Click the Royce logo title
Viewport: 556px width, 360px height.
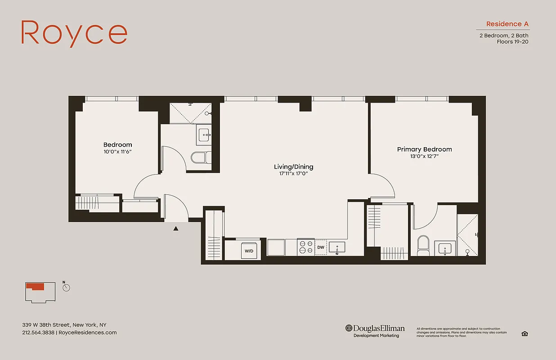coord(74,32)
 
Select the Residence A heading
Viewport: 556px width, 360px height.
coord(507,24)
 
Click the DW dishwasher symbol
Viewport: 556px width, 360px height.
coord(321,247)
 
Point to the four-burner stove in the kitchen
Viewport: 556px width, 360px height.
coord(306,247)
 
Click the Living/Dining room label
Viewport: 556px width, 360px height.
coord(294,166)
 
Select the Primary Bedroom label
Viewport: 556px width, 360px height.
coord(424,149)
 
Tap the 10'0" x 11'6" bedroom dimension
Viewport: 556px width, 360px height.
coord(117,152)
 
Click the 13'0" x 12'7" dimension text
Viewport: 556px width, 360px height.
coord(424,157)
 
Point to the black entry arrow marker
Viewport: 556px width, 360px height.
coord(176,229)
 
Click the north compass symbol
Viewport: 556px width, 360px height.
coord(66,287)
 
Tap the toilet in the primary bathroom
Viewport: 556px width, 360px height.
coord(423,245)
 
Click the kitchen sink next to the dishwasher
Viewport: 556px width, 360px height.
coord(337,247)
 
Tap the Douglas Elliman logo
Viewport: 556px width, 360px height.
coord(375,331)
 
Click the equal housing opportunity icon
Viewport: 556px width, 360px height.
coord(524,333)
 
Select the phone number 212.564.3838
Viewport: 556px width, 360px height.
coord(38,333)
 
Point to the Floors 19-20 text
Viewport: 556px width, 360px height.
coord(512,42)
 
